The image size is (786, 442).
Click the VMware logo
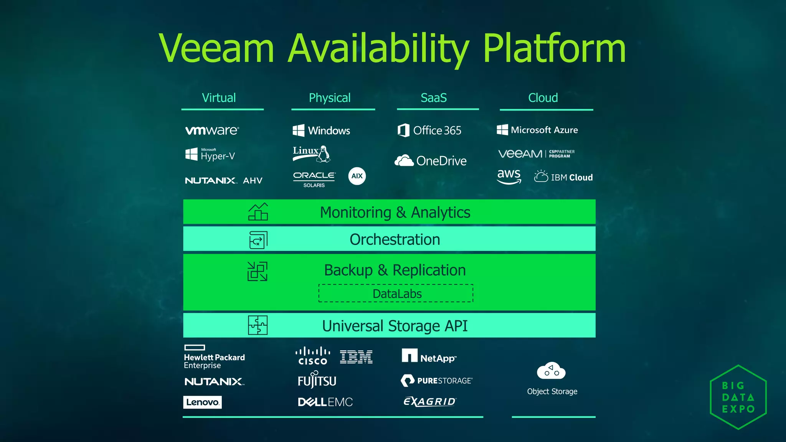click(212, 130)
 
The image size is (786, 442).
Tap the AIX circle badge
click(357, 176)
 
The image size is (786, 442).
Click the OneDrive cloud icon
click(404, 160)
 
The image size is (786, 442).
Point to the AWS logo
click(509, 176)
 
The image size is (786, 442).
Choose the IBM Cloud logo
click(563, 177)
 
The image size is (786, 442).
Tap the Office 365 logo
click(429, 130)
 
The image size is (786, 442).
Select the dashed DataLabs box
click(396, 294)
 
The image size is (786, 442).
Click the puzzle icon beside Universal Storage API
click(258, 325)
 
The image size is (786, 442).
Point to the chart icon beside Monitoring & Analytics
click(258, 212)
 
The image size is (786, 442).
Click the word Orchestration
click(395, 239)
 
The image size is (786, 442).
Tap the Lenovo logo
click(202, 402)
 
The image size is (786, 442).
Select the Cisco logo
click(313, 356)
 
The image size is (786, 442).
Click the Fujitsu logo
click(317, 380)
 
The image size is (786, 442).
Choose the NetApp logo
click(429, 356)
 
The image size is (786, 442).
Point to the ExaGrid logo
click(430, 401)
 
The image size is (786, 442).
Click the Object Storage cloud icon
click(551, 371)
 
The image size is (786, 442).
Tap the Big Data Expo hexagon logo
click(738, 397)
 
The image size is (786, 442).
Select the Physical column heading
click(330, 98)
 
